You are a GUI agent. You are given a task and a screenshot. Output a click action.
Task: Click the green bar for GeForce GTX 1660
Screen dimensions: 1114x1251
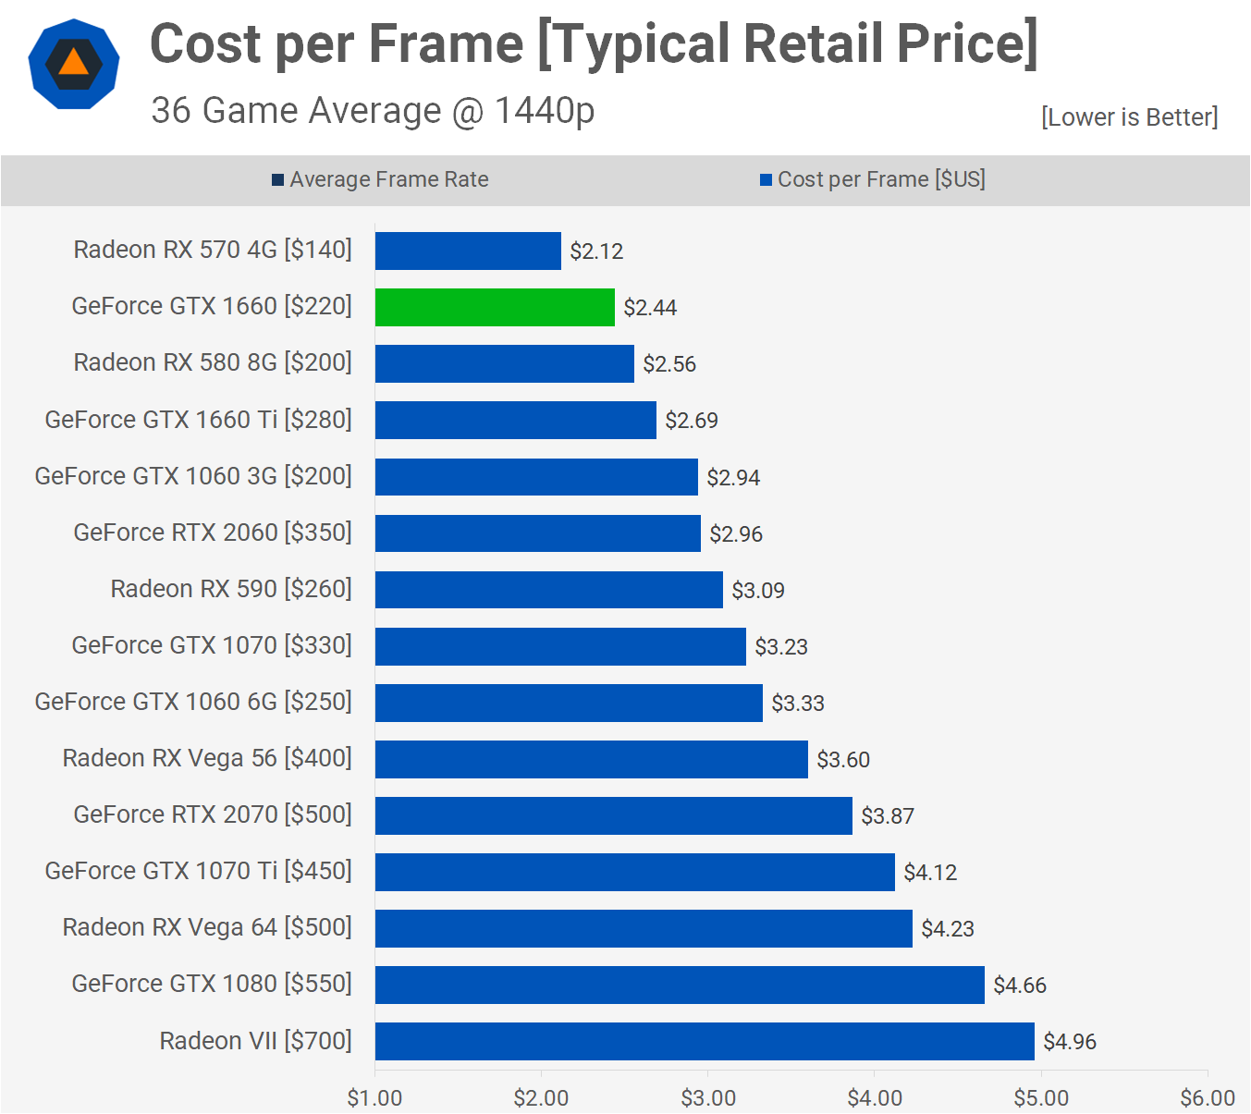click(495, 307)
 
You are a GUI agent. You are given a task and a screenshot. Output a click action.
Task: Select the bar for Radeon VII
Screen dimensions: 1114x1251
click(705, 1041)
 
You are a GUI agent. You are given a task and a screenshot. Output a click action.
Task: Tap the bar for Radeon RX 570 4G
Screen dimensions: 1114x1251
click(468, 251)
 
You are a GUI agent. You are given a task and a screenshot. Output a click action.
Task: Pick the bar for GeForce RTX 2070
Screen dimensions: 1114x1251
click(613, 815)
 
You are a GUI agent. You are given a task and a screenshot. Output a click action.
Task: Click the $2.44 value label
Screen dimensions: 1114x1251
click(650, 308)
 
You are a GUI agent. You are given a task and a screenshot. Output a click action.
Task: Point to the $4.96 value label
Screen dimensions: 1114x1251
click(1070, 1042)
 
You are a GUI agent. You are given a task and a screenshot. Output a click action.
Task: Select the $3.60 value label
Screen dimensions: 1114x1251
click(843, 760)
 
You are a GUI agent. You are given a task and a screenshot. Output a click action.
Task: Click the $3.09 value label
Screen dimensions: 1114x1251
click(758, 591)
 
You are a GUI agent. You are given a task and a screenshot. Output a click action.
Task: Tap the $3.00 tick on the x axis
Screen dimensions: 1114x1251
click(708, 1098)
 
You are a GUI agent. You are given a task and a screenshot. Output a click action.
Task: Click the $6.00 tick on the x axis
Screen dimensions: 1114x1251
click(1208, 1098)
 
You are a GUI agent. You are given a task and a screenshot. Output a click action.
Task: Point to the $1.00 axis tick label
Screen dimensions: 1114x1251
click(374, 1098)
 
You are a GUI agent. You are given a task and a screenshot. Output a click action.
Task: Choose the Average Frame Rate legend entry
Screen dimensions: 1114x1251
click(380, 179)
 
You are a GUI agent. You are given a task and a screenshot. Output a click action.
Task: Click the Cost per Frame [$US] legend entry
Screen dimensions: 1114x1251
click(872, 179)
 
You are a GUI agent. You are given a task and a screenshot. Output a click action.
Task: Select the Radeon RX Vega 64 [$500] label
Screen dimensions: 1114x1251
click(207, 927)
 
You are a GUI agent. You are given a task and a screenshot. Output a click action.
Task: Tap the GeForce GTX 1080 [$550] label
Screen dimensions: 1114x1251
click(212, 984)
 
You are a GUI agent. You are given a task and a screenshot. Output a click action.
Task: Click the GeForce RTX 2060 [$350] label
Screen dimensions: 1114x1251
click(213, 533)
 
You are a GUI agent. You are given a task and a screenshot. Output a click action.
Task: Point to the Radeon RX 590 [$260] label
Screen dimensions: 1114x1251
click(231, 589)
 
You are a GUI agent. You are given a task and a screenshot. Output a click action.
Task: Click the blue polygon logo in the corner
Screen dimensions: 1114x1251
click(74, 64)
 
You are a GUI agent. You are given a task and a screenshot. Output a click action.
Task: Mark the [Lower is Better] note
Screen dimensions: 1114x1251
click(1129, 117)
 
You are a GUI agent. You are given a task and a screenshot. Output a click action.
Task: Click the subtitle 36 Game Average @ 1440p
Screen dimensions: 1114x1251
click(373, 111)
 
